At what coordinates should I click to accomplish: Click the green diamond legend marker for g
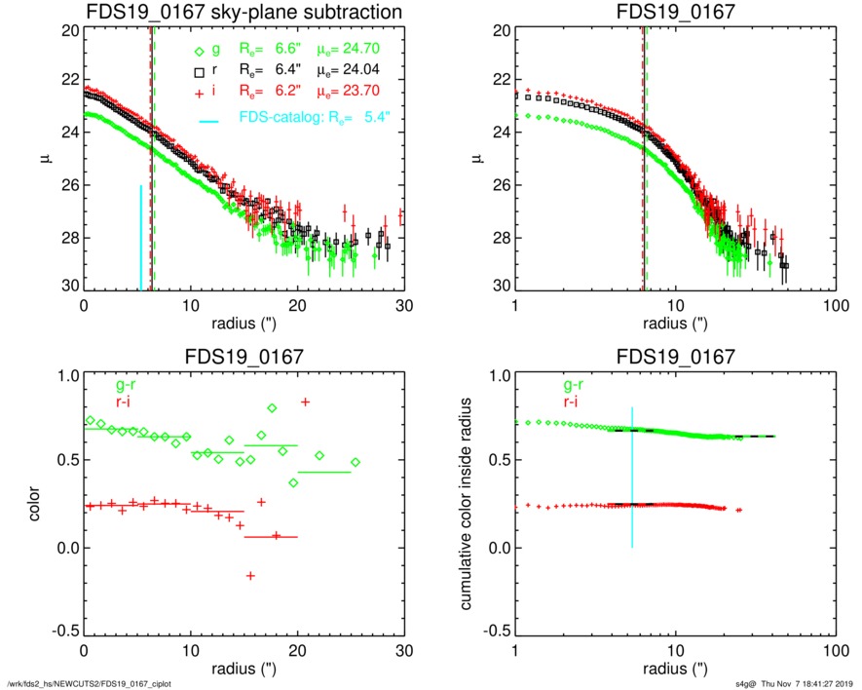coord(199,52)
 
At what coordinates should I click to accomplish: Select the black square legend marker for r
coord(199,72)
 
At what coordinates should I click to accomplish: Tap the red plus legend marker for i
coord(199,93)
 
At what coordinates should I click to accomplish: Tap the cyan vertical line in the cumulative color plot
coord(632,478)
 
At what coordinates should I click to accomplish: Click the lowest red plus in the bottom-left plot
coord(250,576)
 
